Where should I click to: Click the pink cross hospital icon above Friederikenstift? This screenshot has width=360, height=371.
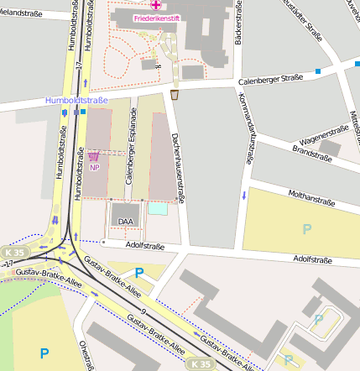156,5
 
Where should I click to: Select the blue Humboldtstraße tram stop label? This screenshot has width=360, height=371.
77,101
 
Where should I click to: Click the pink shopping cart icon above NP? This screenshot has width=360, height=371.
93,155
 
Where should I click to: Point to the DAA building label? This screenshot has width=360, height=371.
126,222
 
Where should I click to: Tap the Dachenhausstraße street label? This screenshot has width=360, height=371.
176,159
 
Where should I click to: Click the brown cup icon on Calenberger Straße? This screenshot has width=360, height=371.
175,95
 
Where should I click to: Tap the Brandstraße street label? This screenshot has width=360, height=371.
312,152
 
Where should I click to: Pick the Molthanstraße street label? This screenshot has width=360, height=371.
311,201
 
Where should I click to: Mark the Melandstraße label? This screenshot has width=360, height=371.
23,11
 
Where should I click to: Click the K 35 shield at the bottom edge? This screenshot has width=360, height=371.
200,364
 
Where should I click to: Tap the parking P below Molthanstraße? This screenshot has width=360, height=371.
307,228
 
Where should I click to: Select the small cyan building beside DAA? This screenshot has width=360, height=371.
157,209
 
